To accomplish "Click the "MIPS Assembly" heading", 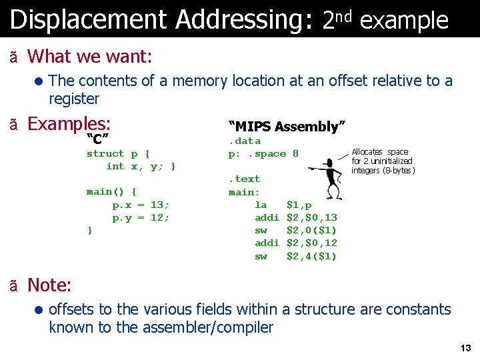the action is pyautogui.click(x=287, y=127).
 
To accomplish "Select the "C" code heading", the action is pyautogui.click(x=98, y=139).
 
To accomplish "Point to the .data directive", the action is pyautogui.click(x=245, y=141).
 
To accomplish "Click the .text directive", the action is pyautogui.click(x=245, y=179).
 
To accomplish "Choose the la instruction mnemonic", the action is pyautogui.click(x=261, y=205).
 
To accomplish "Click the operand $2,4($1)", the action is pyautogui.click(x=311, y=257).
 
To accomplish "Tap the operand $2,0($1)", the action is pyautogui.click(x=311, y=231).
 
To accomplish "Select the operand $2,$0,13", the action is pyautogui.click(x=311, y=218).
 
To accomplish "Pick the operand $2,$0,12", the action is pyautogui.click(x=311, y=243).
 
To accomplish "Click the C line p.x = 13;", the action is pyautogui.click(x=141, y=205).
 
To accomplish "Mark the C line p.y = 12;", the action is pyautogui.click(x=141, y=218).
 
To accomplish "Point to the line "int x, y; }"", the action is pyautogui.click(x=141, y=167).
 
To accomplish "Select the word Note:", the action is pyautogui.click(x=49, y=285).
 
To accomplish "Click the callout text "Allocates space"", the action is pyautogui.click(x=379, y=152).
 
